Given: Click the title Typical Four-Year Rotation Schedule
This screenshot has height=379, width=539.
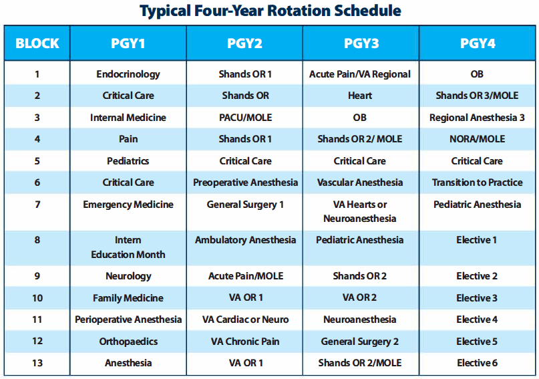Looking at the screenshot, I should click(x=270, y=11).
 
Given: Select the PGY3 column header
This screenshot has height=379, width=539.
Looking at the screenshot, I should click(x=361, y=44).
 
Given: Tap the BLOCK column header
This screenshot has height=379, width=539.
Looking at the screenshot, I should click(x=37, y=44).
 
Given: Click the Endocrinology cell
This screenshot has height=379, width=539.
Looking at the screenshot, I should click(x=128, y=74).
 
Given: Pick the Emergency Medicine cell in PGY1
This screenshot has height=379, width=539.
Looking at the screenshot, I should click(x=128, y=205).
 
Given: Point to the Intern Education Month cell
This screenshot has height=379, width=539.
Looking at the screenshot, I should click(x=128, y=247).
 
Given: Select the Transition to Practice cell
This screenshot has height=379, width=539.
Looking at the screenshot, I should click(x=477, y=182).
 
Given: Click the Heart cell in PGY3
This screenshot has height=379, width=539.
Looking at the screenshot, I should click(x=360, y=96).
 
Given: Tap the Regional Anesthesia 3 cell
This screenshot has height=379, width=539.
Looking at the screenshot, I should click(x=477, y=118).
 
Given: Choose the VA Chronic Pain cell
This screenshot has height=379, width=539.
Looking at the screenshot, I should click(x=245, y=342).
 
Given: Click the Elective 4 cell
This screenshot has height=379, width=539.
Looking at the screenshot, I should click(x=477, y=320).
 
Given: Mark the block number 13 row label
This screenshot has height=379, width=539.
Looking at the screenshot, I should click(x=37, y=363).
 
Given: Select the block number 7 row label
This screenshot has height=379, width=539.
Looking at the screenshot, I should click(x=37, y=205).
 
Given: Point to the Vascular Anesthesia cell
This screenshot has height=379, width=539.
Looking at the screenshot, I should click(x=360, y=182).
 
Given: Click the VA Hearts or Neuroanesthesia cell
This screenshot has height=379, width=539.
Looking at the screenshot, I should click(x=360, y=211).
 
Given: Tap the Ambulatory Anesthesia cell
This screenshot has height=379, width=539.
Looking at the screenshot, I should click(x=245, y=240).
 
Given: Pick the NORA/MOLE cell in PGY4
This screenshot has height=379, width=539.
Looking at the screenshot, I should click(x=477, y=139).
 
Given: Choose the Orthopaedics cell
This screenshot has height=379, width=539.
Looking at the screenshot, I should click(x=128, y=342).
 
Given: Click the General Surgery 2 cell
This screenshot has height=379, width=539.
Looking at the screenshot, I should click(x=360, y=342).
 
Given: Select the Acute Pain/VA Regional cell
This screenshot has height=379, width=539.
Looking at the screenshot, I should click(x=360, y=74).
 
